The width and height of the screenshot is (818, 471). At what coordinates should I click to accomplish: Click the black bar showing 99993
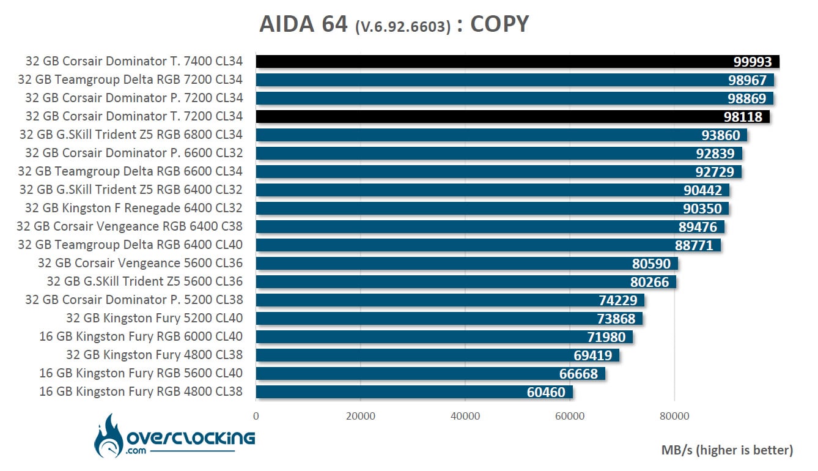click(x=517, y=61)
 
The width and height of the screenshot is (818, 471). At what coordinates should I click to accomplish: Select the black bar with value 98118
click(x=513, y=117)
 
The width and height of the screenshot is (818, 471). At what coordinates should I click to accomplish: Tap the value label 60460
click(x=546, y=392)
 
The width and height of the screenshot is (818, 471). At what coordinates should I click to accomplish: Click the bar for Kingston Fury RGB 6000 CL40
click(x=444, y=337)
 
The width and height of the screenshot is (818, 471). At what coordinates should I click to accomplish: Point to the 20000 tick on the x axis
click(x=361, y=416)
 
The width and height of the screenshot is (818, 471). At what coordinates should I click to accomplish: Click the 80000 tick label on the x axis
click(x=674, y=416)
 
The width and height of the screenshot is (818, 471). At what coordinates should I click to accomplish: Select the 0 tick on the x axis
click(x=256, y=416)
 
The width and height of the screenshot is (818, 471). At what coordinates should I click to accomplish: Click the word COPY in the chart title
click(x=499, y=24)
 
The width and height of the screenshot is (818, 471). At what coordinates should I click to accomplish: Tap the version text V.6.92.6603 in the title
click(x=403, y=26)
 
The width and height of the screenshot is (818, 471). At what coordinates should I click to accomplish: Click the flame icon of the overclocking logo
click(x=108, y=436)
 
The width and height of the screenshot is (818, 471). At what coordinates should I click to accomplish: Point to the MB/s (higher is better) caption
click(x=727, y=450)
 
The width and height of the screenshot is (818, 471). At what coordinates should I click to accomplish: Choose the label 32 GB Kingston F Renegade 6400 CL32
click(x=134, y=208)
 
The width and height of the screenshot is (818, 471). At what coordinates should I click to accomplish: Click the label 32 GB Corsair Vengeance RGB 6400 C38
click(x=129, y=226)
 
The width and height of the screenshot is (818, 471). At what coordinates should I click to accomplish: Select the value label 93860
click(x=721, y=135)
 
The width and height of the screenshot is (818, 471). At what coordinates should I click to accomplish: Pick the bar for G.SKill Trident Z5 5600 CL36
click(x=466, y=282)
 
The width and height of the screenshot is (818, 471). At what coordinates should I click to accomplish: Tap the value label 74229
click(x=618, y=300)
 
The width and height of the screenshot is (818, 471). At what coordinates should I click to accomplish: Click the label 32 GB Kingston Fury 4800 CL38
click(x=154, y=355)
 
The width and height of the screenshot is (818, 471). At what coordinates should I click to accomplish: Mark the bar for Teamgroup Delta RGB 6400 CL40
click(x=488, y=245)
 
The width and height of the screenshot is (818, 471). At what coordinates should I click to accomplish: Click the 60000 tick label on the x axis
click(x=570, y=416)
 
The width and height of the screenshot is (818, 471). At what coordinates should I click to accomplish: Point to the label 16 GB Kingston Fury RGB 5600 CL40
click(x=141, y=373)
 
